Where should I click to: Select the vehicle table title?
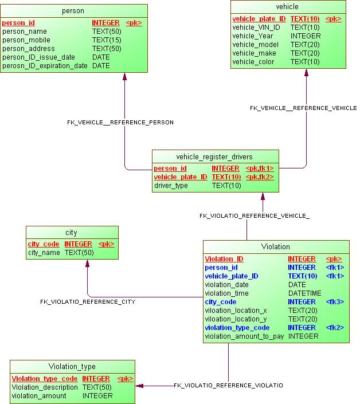point(287,7)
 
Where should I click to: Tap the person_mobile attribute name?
point(26,40)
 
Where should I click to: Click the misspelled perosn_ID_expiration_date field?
point(45,66)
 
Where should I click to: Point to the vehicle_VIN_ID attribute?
point(256,27)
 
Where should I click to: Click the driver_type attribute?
point(171,186)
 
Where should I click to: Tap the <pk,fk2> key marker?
point(259,177)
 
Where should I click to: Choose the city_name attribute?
point(45,252)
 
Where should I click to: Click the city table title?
point(71,233)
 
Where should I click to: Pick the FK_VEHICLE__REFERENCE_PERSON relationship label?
point(120,122)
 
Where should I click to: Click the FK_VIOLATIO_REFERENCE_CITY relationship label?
point(88,301)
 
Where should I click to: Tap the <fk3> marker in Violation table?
point(335,301)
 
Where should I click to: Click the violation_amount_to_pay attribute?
point(244,336)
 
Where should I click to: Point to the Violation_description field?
point(45,387)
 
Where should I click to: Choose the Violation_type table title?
point(72,367)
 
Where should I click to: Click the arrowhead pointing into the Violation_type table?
point(139,386)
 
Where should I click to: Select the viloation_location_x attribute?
point(236,311)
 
